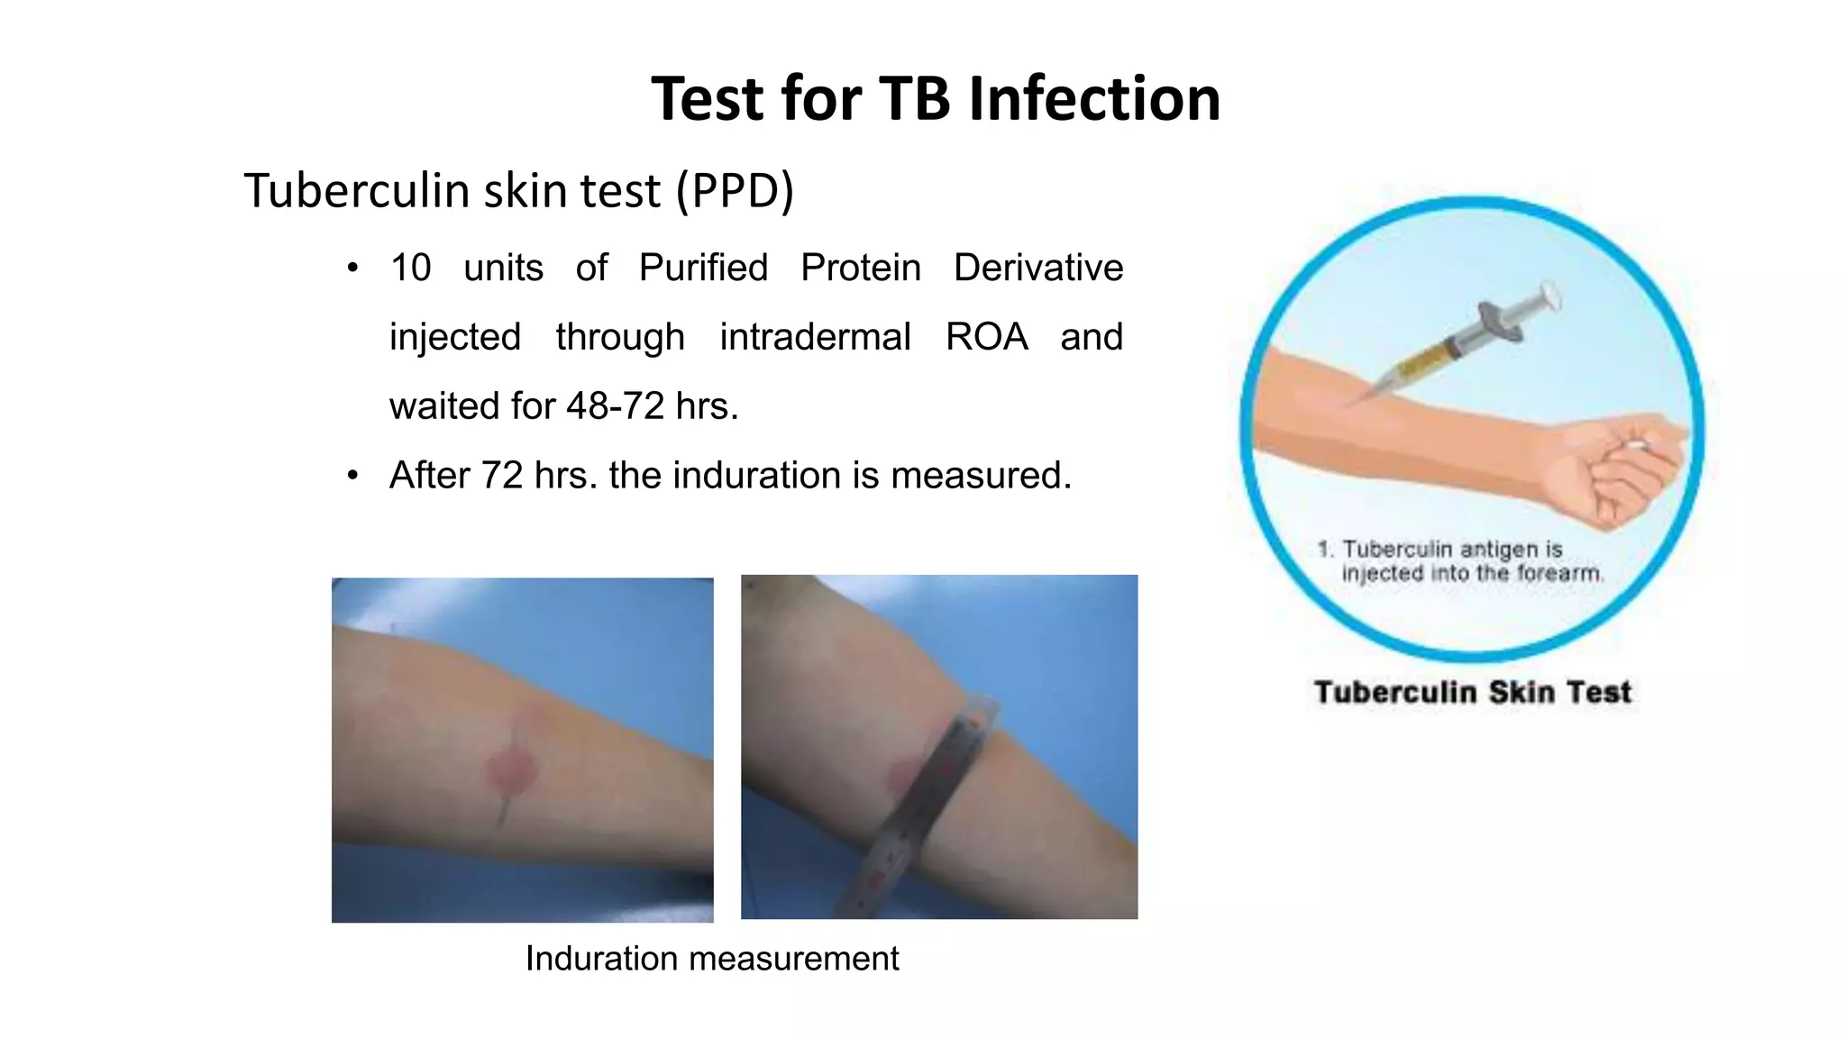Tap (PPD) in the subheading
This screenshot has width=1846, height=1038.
click(735, 191)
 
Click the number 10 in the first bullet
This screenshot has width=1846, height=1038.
click(410, 268)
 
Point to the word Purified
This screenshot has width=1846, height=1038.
click(703, 268)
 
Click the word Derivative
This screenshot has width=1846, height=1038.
click(1038, 268)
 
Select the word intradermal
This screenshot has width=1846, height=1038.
click(815, 337)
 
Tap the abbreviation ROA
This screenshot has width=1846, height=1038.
click(986, 337)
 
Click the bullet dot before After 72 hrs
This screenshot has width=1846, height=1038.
click(352, 475)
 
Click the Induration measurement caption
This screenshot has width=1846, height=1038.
click(711, 959)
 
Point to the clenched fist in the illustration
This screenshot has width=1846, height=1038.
click(1622, 469)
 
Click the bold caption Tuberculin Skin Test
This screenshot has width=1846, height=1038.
click(1472, 692)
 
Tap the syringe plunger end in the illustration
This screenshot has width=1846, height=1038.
click(1550, 295)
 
